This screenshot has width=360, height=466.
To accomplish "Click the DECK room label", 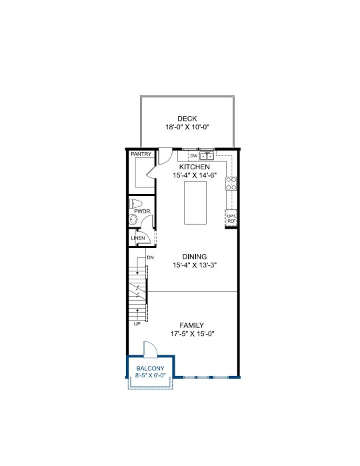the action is pyautogui.click(x=187, y=119).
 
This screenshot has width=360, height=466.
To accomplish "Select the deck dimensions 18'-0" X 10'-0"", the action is pyautogui.click(x=187, y=127).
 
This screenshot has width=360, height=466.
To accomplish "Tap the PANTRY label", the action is pyautogui.click(x=141, y=154).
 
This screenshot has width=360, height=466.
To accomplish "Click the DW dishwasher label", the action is pyautogui.click(x=194, y=156).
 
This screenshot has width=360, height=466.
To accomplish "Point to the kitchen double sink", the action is pyautogui.click(x=206, y=156).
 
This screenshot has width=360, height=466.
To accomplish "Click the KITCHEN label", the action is pyautogui.click(x=194, y=167).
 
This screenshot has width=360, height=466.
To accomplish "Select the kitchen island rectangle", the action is pyautogui.click(x=195, y=203).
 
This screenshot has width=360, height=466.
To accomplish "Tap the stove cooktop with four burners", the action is pyautogui.click(x=231, y=183).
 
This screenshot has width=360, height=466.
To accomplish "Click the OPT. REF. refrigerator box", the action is pyautogui.click(x=231, y=219).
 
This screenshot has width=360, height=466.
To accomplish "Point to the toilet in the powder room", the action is pyautogui.click(x=135, y=203).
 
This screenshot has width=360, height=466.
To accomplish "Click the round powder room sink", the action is pyautogui.click(x=133, y=220).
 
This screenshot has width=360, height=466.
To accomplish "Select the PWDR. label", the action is pyautogui.click(x=143, y=211).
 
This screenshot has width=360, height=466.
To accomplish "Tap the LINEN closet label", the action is pyautogui.click(x=138, y=238).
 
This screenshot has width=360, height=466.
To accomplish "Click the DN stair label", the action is pyautogui.click(x=151, y=257).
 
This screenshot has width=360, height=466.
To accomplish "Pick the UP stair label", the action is pyautogui.click(x=137, y=324).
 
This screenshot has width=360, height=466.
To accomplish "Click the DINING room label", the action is pyautogui.click(x=195, y=257).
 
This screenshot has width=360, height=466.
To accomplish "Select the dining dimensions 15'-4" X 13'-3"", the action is pyautogui.click(x=195, y=265).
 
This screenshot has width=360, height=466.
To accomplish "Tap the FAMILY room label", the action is pyautogui.click(x=192, y=325).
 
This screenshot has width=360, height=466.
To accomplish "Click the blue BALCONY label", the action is pyautogui.click(x=150, y=368).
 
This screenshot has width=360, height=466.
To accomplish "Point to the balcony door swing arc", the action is pyautogui.click(x=152, y=346).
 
